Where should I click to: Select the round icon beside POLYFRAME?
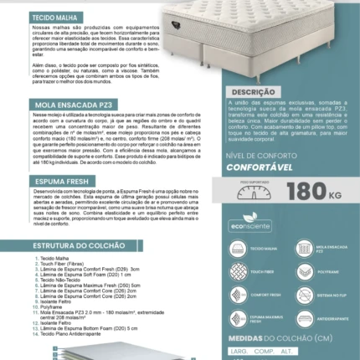click(302, 272)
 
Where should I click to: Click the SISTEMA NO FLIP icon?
click(302, 296)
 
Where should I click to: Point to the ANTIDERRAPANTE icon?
click(302, 319)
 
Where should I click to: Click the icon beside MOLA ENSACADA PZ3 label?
click(302, 249)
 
